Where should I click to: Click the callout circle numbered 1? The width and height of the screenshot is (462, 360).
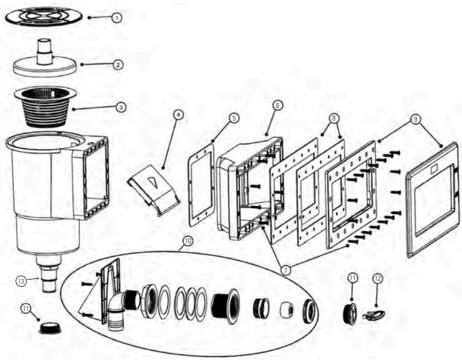tap(116, 18)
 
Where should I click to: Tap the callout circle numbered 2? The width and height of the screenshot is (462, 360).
tap(117, 64)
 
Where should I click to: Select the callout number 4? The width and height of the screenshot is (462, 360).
tap(177, 114)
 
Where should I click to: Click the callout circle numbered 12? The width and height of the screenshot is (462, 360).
tap(378, 279)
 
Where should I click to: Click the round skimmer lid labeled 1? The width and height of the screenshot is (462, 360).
tap(44, 16)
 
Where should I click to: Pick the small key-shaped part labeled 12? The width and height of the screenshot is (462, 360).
tap(375, 315)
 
